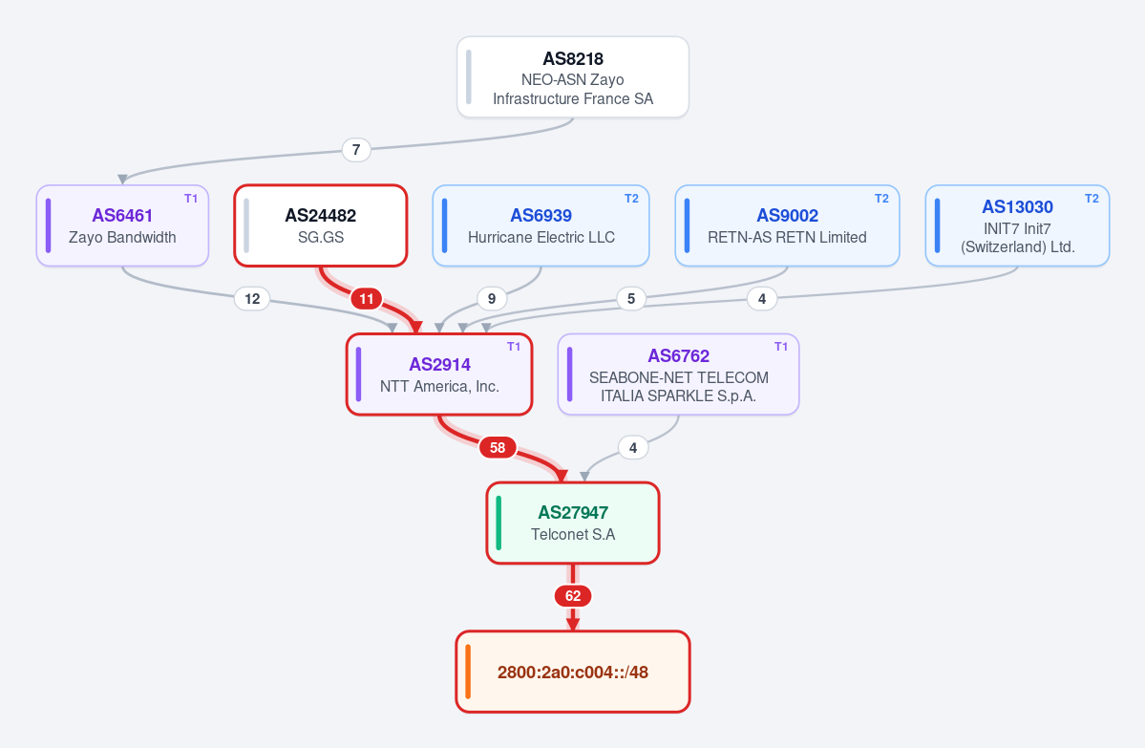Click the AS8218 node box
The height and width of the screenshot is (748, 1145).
pyautogui.click(x=573, y=76)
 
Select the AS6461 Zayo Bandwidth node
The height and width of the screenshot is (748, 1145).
pyautogui.click(x=122, y=225)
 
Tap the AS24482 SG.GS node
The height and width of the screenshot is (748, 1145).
pyautogui.click(x=321, y=225)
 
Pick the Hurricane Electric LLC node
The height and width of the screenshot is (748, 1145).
pyautogui.click(x=541, y=225)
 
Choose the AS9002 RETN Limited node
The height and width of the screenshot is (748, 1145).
pyautogui.click(x=787, y=225)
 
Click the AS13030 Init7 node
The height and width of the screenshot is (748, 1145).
pyautogui.click(x=1017, y=225)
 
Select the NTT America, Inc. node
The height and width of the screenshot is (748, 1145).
pyautogui.click(x=439, y=374)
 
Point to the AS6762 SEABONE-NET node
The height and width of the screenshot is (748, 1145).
pyautogui.click(x=678, y=374)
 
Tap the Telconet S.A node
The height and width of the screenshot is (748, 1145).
pyautogui.click(x=573, y=523)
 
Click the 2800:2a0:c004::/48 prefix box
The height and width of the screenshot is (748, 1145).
pyautogui.click(x=573, y=672)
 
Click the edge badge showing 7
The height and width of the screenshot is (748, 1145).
pyautogui.click(x=356, y=150)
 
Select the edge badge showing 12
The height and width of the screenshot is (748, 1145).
pyautogui.click(x=252, y=299)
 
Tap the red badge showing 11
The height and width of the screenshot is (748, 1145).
pyautogui.click(x=367, y=299)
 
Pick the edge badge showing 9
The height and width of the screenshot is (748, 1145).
pyautogui.click(x=492, y=299)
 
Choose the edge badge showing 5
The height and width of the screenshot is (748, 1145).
pyautogui.click(x=631, y=299)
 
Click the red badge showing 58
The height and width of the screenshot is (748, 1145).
pyautogui.click(x=498, y=448)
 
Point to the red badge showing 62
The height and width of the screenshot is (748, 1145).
pyautogui.click(x=573, y=596)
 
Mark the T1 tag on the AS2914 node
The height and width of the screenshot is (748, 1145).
pyautogui.click(x=514, y=347)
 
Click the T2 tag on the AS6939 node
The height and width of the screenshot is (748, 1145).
pyautogui.click(x=631, y=199)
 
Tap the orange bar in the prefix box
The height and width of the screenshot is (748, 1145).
pyautogui.click(x=467, y=672)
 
